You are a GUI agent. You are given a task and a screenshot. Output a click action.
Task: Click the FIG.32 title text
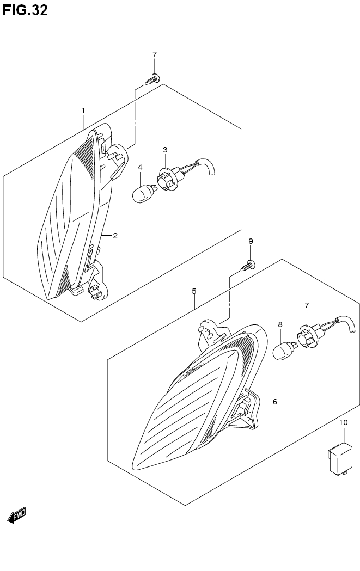25,10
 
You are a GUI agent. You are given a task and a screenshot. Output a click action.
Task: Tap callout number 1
83,110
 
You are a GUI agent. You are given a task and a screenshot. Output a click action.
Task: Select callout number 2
115,236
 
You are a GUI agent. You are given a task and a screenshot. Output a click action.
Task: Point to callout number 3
165,150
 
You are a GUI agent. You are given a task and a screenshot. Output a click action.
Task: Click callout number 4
141,167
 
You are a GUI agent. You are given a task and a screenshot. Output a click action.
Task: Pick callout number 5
194,291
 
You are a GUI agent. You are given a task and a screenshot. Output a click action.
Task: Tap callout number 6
274,402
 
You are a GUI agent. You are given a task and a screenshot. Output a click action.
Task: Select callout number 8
280,324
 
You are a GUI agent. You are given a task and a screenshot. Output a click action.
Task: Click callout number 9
251,241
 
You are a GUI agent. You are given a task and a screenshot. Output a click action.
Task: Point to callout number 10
344,423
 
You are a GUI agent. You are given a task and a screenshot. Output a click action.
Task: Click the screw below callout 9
248,266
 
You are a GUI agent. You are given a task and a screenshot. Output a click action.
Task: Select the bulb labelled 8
285,349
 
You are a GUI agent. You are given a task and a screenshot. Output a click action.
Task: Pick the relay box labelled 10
340,458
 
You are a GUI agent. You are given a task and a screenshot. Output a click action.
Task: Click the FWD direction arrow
17,515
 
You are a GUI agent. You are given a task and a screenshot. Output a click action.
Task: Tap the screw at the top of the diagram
152,79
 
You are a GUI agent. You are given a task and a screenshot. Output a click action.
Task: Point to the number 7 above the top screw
155,54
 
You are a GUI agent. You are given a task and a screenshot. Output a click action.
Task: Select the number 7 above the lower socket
307,305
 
